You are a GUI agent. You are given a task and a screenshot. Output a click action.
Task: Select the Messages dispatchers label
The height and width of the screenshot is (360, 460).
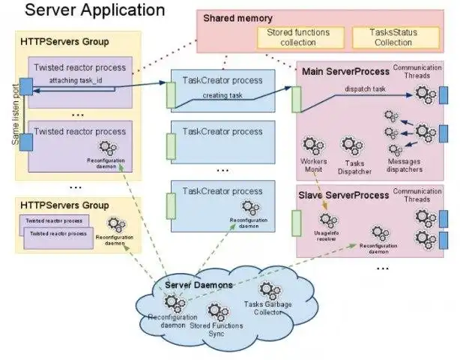[405, 165]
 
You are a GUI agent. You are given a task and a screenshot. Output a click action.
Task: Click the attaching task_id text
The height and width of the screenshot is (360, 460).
[82, 79]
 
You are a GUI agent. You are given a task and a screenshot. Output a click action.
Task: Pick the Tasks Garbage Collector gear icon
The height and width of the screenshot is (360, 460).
[267, 290]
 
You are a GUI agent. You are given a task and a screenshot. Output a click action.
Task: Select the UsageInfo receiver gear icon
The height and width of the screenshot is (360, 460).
[327, 220]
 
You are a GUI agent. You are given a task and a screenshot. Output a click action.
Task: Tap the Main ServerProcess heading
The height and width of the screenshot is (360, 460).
[345, 71]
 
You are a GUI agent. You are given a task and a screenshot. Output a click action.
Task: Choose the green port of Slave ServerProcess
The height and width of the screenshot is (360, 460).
[296, 223]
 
